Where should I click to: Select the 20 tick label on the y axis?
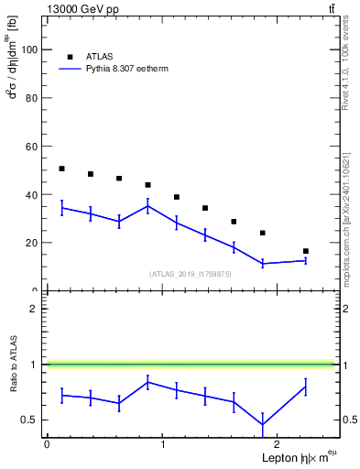33,243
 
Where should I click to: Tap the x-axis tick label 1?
163,444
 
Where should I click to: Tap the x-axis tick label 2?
278,444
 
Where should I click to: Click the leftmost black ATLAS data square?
61,169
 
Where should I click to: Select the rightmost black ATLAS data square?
305,251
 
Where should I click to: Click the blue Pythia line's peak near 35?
147,206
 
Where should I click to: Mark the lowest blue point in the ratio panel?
263,424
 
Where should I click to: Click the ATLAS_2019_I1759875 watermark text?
191,273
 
